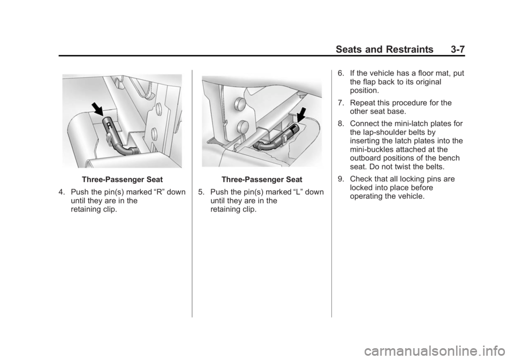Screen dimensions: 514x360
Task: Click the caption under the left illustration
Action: (122, 179)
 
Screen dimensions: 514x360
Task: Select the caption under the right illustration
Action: (262, 179)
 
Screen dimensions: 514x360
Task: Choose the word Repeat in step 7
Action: (362, 103)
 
